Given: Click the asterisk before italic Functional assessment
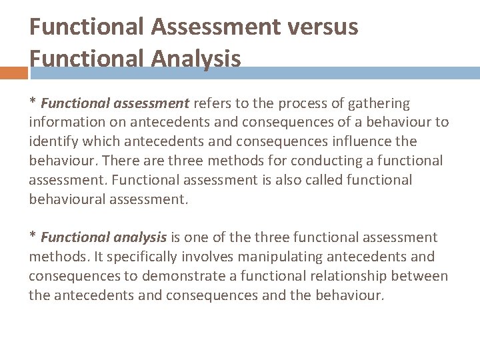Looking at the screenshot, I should click(32, 103).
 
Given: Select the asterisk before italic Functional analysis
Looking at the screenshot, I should click(32, 237).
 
